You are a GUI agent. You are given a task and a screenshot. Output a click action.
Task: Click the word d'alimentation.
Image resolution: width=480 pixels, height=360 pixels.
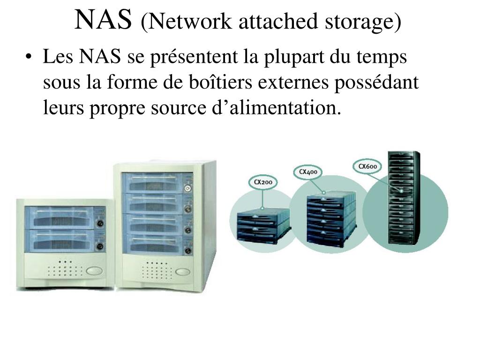click(272, 108)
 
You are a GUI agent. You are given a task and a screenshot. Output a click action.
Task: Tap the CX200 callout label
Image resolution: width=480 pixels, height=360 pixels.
click(263, 182)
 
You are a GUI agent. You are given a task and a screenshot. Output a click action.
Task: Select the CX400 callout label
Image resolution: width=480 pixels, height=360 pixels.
click(308, 172)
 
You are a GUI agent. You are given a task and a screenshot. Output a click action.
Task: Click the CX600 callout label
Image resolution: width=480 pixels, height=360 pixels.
click(367, 166)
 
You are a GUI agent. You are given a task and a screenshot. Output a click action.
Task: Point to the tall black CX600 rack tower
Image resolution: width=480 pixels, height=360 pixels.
click(402, 197)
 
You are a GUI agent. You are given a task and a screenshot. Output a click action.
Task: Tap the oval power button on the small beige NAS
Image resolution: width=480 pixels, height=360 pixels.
click(93, 270)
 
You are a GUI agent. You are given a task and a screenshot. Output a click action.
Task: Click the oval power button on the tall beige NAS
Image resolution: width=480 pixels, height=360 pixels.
click(182, 271)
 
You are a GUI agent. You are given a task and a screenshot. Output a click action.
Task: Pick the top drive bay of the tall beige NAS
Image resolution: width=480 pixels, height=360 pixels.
click(152, 183)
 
